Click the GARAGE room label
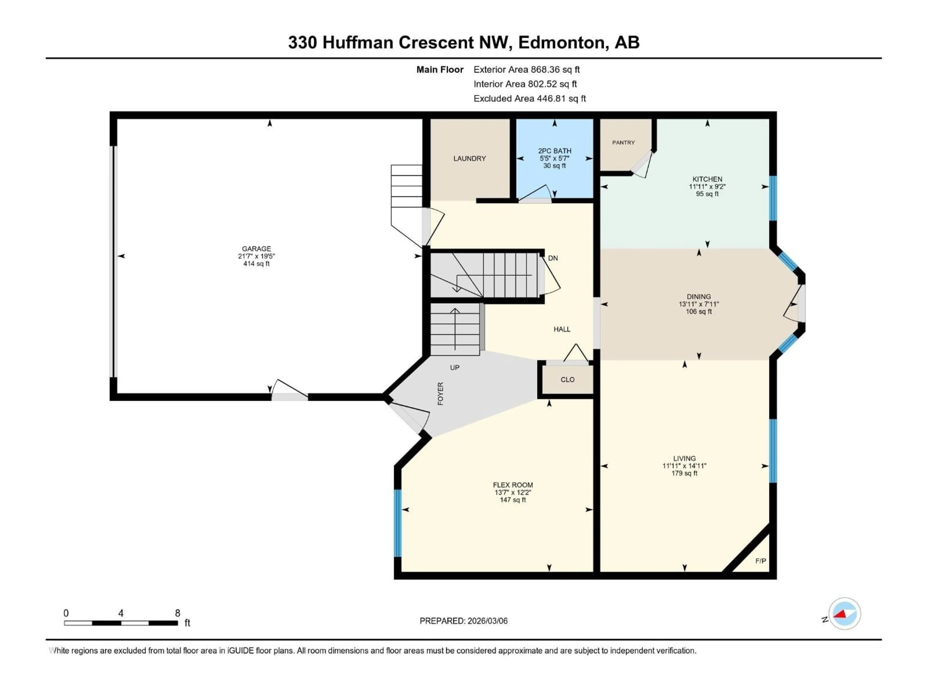pyautogui.click(x=256, y=249)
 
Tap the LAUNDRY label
pyautogui.click(x=470, y=159)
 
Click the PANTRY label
pyautogui.click(x=623, y=143)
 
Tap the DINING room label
pyautogui.click(x=698, y=297)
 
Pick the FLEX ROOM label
pyautogui.click(x=513, y=485)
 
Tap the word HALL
pyautogui.click(x=562, y=329)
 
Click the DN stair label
pyautogui.click(x=553, y=258)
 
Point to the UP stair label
pyautogui.click(x=455, y=368)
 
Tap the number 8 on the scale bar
pyautogui.click(x=177, y=613)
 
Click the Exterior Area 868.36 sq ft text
pyautogui.click(x=527, y=70)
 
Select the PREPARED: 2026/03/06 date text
pyautogui.click(x=464, y=621)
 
